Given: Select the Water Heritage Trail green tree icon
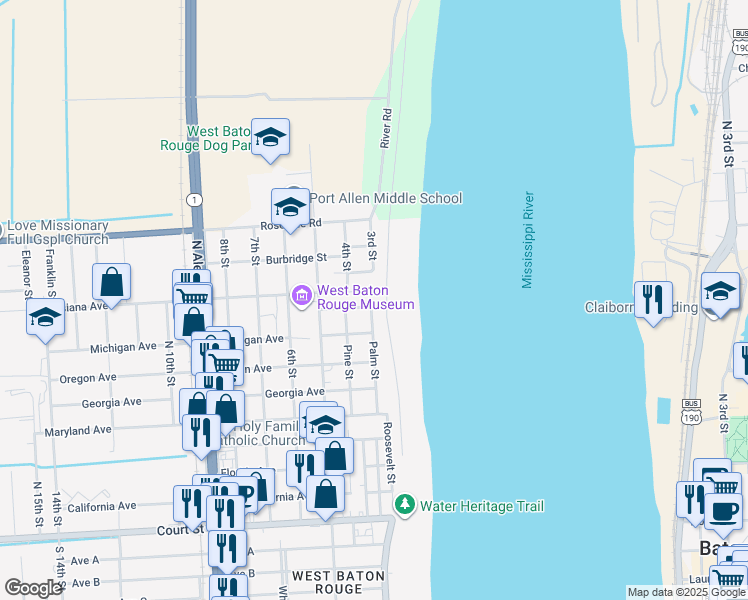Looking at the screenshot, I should (405, 505).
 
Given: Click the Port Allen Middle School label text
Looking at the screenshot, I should (387, 198).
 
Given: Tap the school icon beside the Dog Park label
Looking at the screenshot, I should (270, 137).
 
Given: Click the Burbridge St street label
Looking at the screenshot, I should (295, 257).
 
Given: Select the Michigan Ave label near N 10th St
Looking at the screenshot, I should (123, 347).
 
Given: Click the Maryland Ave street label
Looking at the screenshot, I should (78, 431).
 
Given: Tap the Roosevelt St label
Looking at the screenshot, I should (388, 453).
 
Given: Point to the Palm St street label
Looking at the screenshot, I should (374, 360).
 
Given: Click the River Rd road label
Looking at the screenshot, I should (385, 129).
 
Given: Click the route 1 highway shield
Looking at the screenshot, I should (195, 200).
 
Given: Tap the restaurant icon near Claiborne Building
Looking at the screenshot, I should (653, 299).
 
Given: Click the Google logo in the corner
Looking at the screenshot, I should (33, 588).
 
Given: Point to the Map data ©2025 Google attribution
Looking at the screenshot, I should (685, 592).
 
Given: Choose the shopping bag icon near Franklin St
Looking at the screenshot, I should (112, 282).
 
